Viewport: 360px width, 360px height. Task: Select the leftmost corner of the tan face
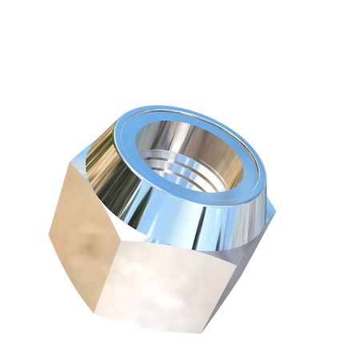[49, 231]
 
